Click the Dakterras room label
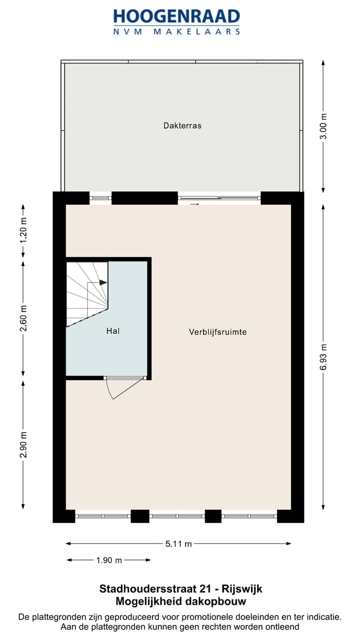coord(182,125)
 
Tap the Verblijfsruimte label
coord(217,331)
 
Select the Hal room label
coord(113,330)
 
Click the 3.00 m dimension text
coord(323,125)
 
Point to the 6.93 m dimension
coord(323,357)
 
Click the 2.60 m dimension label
coord(23,318)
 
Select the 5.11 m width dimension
coord(178,544)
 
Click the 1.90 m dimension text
coord(109,560)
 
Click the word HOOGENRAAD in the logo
coord(177,16)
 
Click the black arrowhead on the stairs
coord(103,282)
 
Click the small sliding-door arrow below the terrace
coord(194,204)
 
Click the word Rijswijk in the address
coord(243,589)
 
